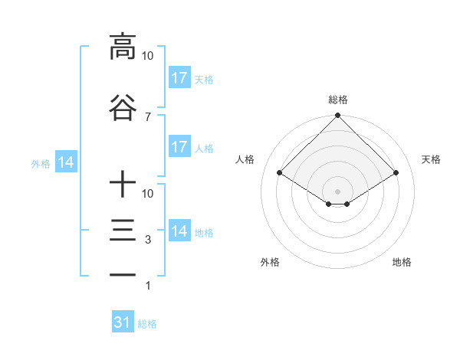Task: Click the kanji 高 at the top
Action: click(123, 47)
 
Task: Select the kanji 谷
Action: click(123, 109)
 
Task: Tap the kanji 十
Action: click(123, 185)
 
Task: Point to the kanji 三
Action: click(123, 231)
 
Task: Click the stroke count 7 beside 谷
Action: click(147, 116)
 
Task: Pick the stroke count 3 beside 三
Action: click(147, 240)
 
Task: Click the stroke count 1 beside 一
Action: click(147, 286)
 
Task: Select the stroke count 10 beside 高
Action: click(147, 56)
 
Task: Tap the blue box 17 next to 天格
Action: click(179, 77)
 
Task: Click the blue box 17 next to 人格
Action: click(179, 146)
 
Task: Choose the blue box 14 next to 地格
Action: click(179, 231)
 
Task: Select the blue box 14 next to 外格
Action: click(66, 162)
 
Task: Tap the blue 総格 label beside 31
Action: click(147, 324)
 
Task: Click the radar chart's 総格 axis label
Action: click(337, 100)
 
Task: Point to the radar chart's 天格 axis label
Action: click(431, 159)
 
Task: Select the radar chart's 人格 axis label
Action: click(245, 159)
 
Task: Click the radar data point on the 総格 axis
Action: click(337, 116)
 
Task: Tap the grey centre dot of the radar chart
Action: click(337, 191)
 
